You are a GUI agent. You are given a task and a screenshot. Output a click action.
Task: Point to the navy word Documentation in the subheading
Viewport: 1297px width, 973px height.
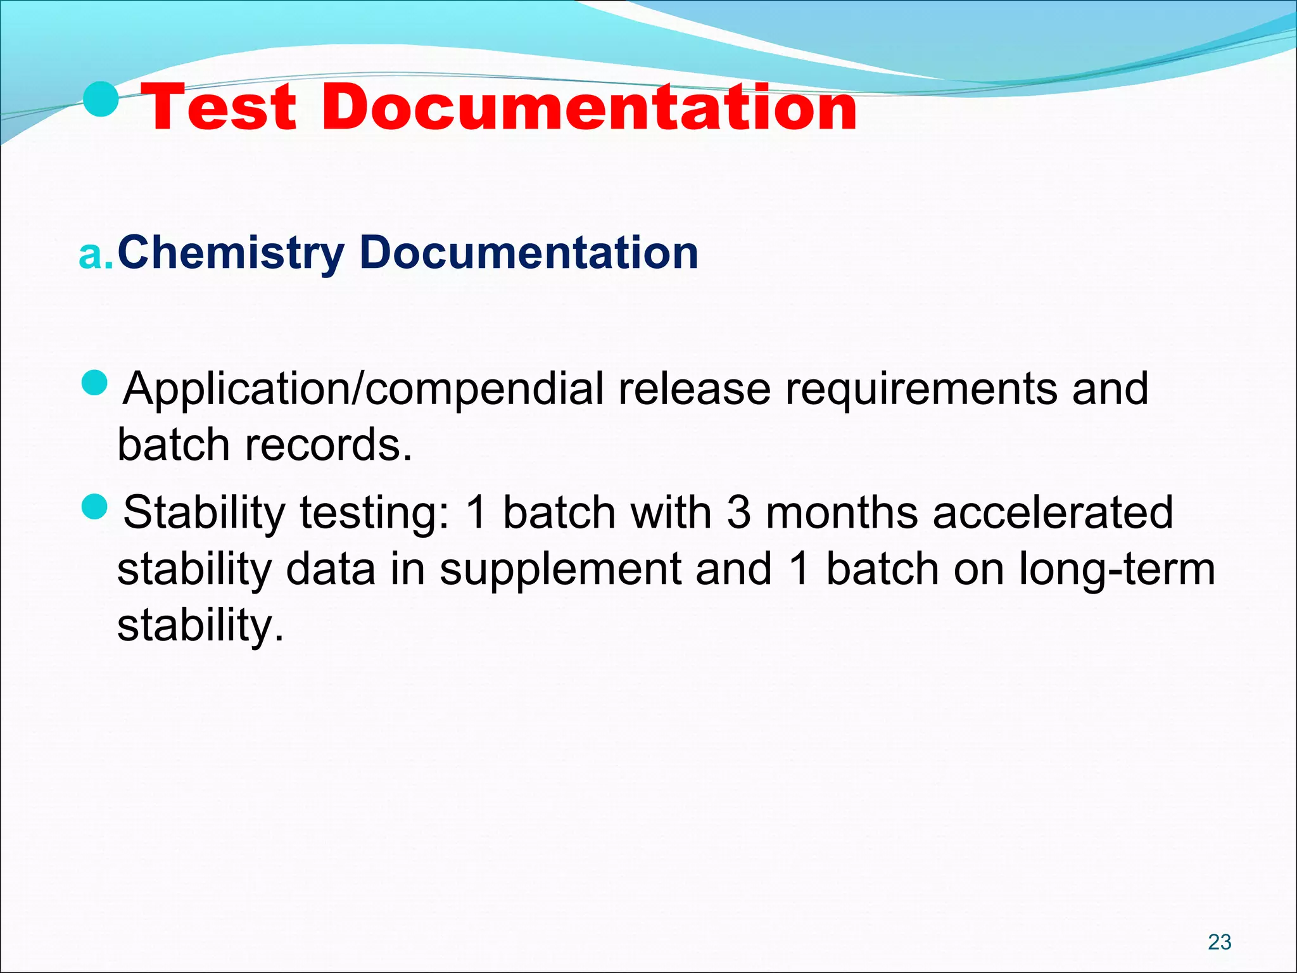tap(528, 252)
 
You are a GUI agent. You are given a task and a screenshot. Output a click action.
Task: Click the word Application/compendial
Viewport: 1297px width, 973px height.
tap(363, 388)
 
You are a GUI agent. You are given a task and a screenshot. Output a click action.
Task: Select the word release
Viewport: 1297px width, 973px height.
tap(694, 388)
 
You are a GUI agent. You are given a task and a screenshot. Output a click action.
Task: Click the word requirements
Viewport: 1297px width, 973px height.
tap(921, 390)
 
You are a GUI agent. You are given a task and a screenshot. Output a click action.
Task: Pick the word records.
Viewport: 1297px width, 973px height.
tap(328, 445)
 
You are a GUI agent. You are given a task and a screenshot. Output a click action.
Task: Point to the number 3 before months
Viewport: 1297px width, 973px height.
tap(738, 512)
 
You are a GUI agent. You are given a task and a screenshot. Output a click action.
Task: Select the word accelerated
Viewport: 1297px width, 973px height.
tap(1053, 512)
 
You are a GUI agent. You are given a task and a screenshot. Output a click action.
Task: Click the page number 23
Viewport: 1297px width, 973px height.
tap(1219, 942)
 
